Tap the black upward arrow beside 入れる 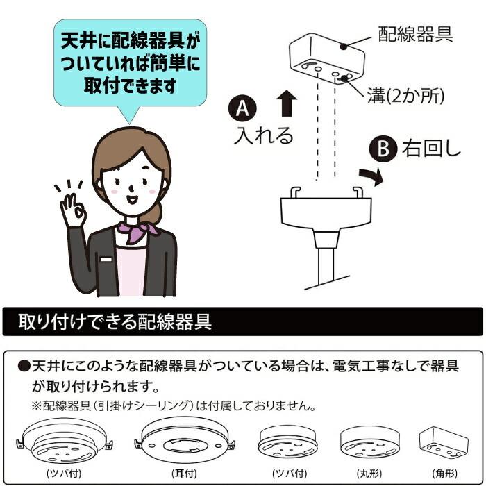pyautogui.click(x=286, y=104)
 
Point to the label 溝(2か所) pyautogui.click(x=405, y=94)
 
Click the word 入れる pyautogui.click(x=263, y=135)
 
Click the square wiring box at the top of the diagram pyautogui.click(x=326, y=59)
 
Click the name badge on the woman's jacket pyautogui.click(x=106, y=259)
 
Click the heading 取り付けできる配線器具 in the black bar pyautogui.click(x=115, y=323)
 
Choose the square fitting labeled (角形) pyautogui.click(x=443, y=439)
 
